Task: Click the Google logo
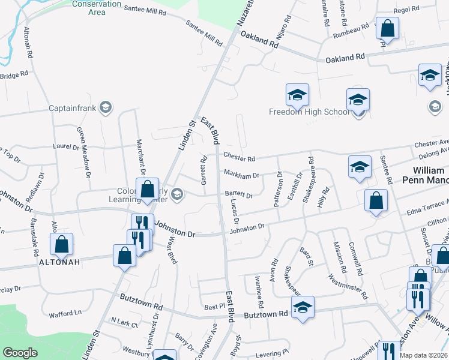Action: pos(20,353)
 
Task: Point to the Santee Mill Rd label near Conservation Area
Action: pos(147,9)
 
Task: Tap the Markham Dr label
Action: pos(241,175)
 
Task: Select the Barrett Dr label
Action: pos(238,194)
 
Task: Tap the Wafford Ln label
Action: pos(65,313)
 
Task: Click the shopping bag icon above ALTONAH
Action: pos(61,244)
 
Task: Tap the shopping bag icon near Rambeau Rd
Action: pos(388,28)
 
